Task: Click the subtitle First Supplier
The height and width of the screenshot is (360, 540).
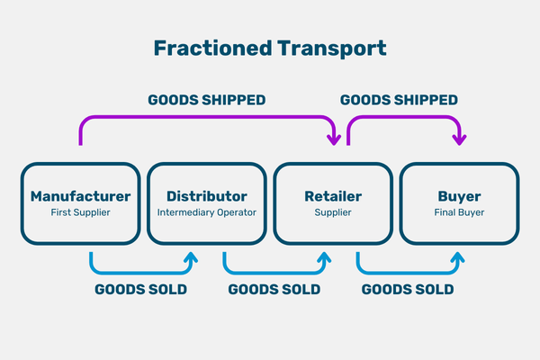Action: pos(80,213)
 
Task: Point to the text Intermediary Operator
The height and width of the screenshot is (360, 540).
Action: pos(206,213)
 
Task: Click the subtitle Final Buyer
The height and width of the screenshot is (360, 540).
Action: pos(459,213)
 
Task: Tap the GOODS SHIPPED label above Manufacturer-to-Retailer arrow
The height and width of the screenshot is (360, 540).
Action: pos(206,100)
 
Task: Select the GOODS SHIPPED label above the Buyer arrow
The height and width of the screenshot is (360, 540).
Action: pos(399,100)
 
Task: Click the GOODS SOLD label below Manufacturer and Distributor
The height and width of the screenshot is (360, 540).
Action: pos(140,290)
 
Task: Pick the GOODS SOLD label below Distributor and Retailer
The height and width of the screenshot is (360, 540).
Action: pos(273,290)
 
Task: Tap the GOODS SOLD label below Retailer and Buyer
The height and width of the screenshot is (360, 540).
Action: pos(407,290)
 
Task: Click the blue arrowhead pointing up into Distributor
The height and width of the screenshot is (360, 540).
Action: pos(190,259)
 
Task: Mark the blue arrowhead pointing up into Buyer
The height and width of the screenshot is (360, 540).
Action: pos(457,259)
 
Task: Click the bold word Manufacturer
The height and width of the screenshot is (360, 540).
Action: pos(80,195)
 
